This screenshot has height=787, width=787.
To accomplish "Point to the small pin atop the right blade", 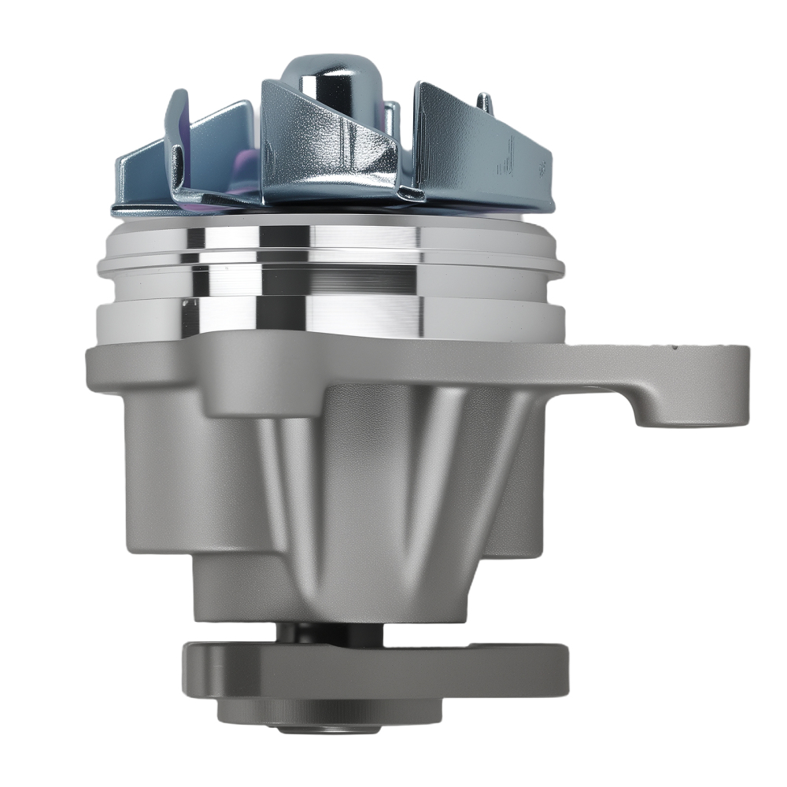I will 485,102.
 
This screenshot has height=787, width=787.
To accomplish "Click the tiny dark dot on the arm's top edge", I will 674,345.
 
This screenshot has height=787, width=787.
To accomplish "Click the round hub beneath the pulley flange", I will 315,712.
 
